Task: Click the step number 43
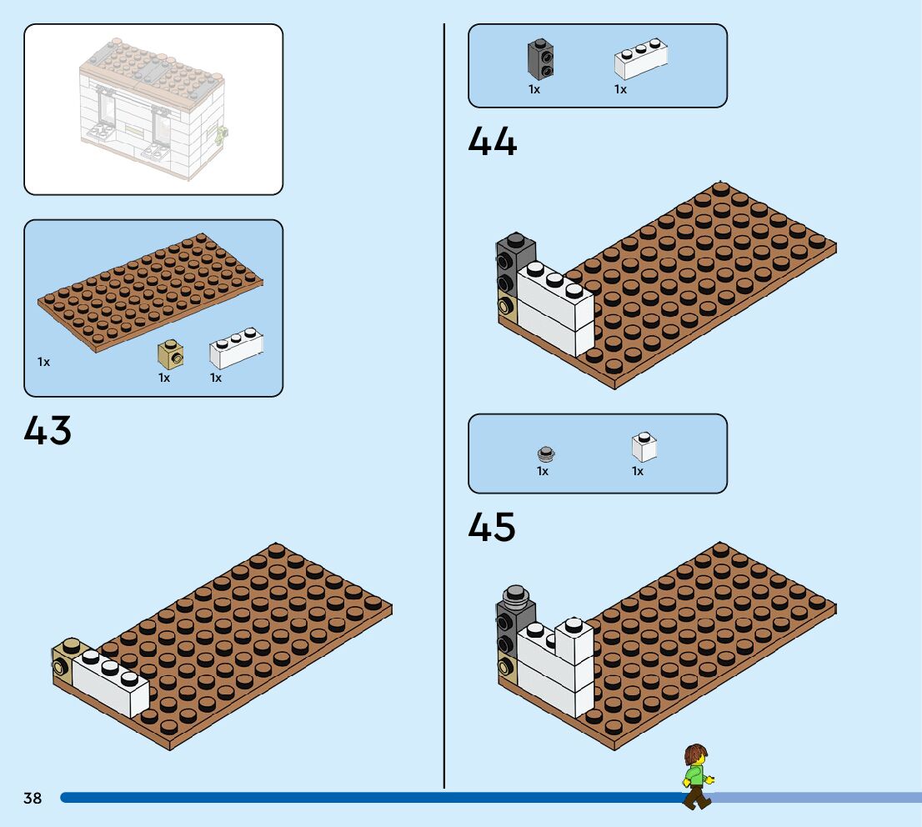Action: click(x=48, y=431)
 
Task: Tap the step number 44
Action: click(x=492, y=141)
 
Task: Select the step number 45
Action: click(x=492, y=527)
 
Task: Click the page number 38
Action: click(x=33, y=798)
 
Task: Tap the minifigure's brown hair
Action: click(x=694, y=755)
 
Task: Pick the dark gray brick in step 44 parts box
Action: click(x=540, y=59)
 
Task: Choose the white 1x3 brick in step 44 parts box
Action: click(x=641, y=60)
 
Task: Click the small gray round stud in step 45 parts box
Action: click(x=546, y=454)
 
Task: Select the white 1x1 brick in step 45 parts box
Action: click(x=644, y=447)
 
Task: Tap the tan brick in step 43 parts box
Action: click(x=170, y=355)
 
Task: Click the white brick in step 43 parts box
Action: click(x=236, y=349)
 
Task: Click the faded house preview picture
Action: click(x=153, y=109)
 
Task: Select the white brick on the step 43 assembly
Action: click(x=110, y=684)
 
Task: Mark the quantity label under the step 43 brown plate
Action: click(x=43, y=362)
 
